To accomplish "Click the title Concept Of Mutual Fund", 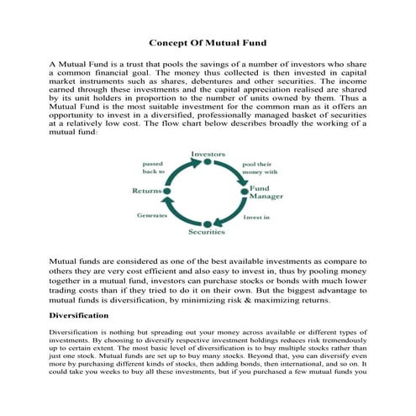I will (208, 42).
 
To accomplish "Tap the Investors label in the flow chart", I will (208, 154).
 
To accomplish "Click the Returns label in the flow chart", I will (147, 191).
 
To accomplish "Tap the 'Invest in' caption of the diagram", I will (256, 216).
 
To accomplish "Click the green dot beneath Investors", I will (208, 162).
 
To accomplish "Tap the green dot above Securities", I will (208, 222).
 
